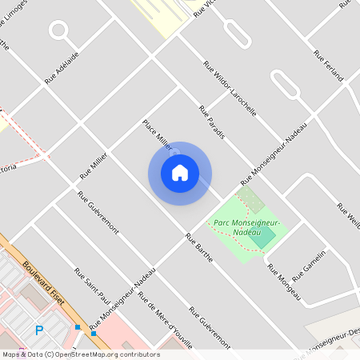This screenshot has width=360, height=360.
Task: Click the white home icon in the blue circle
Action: (180, 173)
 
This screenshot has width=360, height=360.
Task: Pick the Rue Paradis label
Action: (211, 122)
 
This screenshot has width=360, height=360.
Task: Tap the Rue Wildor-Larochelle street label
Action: (230, 90)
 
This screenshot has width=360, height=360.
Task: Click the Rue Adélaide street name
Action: (62, 69)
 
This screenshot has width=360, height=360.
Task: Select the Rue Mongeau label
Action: (284, 282)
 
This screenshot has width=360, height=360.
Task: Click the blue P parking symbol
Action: (38, 330)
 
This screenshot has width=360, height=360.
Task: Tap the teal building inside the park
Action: (261, 238)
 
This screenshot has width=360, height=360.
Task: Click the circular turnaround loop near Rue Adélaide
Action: (58, 31)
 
